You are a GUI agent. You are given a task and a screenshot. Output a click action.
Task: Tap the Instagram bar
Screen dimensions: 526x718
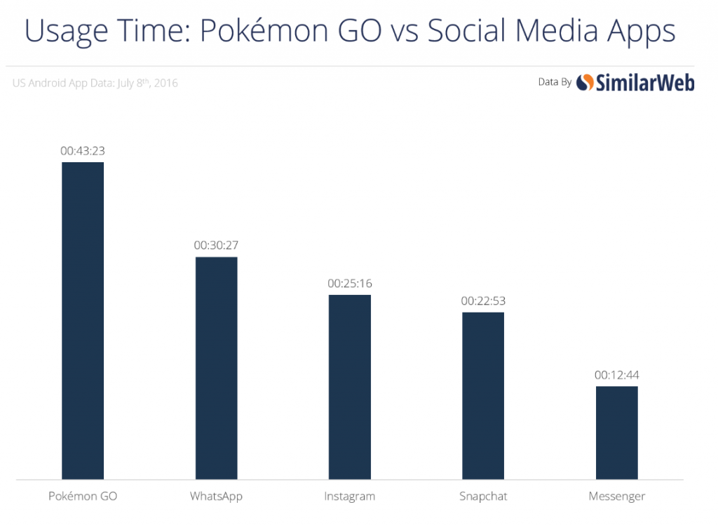(349, 387)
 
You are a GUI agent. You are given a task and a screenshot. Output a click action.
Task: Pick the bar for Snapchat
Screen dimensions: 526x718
(482, 395)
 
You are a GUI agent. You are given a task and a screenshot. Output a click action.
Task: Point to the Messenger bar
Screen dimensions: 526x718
(616, 433)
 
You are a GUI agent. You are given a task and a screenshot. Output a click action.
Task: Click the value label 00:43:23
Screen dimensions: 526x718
(83, 150)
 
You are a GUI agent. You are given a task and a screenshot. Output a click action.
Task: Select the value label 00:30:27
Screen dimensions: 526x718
(216, 245)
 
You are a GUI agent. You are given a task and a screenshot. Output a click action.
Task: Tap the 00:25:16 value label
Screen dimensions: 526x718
(349, 283)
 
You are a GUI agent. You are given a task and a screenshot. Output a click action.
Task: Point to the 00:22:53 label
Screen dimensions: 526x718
(483, 301)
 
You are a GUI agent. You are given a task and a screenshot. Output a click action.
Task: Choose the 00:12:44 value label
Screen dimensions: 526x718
(616, 374)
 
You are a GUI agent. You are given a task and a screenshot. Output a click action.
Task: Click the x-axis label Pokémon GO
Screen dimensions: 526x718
(83, 497)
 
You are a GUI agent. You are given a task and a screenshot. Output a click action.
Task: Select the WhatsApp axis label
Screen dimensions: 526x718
(216, 497)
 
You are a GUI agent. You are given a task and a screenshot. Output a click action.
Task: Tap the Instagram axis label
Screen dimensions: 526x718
(349, 497)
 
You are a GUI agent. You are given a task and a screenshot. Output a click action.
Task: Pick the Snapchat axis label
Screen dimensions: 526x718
(482, 497)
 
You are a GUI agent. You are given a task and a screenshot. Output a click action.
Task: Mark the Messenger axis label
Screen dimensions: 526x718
(616, 497)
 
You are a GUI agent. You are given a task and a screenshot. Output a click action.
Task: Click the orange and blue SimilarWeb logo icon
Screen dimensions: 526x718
(585, 83)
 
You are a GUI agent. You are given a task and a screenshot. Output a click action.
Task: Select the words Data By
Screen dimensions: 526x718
(555, 83)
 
